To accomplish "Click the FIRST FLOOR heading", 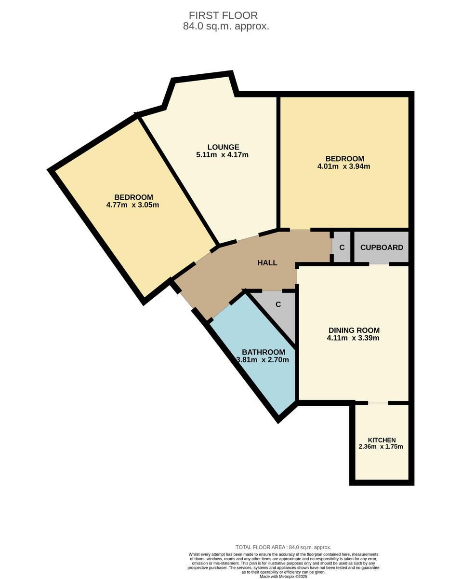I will (x=223, y=15).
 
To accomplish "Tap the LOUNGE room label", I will (x=223, y=147).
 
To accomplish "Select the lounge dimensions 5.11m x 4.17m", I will (x=223, y=155).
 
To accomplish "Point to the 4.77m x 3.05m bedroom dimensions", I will (x=132, y=205).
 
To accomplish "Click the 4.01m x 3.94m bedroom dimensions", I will (x=344, y=166).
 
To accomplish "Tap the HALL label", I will (x=267, y=263).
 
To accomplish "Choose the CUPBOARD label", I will (x=382, y=248).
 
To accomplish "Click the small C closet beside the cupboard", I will (x=342, y=248).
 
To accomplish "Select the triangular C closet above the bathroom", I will (x=278, y=304).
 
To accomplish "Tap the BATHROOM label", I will (x=263, y=352).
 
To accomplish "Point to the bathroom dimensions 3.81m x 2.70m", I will (x=263, y=360).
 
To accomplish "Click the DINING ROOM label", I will (x=354, y=331).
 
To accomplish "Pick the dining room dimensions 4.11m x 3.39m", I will (x=354, y=338).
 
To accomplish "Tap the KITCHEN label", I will (x=382, y=440).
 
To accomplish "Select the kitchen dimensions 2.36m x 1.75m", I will (x=381, y=447).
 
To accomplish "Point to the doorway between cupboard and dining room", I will (x=379, y=264).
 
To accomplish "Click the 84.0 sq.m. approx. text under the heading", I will (x=226, y=27).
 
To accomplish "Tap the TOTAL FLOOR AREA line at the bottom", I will (x=283, y=547).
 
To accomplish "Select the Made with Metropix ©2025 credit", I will (x=283, y=576).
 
